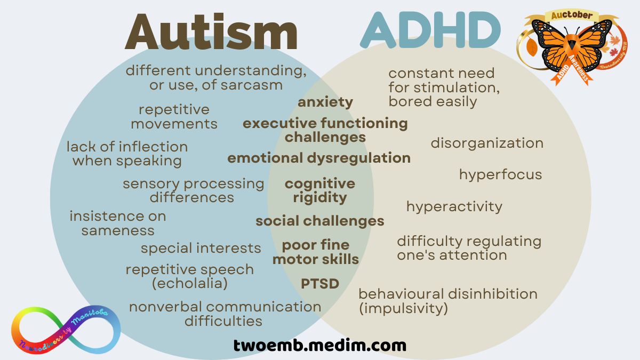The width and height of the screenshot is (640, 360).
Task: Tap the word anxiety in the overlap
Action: tap(325, 102)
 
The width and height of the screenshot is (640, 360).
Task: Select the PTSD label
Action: tap(320, 284)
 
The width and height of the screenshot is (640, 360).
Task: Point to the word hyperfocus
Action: tap(500, 175)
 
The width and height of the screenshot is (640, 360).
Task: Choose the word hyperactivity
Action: tap(454, 206)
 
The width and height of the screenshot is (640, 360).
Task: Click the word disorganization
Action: tap(487, 143)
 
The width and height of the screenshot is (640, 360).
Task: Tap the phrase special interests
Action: tap(201, 248)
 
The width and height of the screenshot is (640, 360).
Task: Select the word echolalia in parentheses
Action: tap(190, 284)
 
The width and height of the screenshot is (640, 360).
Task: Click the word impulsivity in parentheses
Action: tap(403, 308)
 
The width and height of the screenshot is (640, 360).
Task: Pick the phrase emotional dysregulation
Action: tap(319, 158)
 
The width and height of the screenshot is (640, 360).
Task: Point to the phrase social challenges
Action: tap(319, 221)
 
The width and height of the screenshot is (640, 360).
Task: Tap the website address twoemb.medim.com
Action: tap(319, 345)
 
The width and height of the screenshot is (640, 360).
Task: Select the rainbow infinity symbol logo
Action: tap(66, 331)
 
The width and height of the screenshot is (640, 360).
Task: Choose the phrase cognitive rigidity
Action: tap(320, 190)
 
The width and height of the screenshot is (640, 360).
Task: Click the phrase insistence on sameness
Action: tap(118, 223)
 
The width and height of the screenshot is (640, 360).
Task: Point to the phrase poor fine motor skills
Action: tap(316, 252)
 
